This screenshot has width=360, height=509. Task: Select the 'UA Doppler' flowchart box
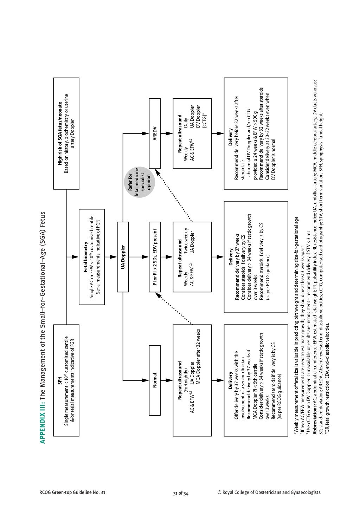(x=123, y=257)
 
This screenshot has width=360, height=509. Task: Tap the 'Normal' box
(x=155, y=380)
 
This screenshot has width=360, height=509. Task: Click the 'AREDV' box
(x=155, y=133)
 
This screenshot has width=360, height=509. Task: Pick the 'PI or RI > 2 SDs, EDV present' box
(x=155, y=257)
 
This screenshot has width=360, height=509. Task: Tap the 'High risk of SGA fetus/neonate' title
(x=60, y=133)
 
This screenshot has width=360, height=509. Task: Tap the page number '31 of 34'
(x=181, y=493)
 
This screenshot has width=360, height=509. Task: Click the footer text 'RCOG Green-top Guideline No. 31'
(x=72, y=492)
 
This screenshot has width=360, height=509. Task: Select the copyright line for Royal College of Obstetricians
(x=269, y=492)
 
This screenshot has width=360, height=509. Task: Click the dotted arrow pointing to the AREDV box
(x=174, y=196)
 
